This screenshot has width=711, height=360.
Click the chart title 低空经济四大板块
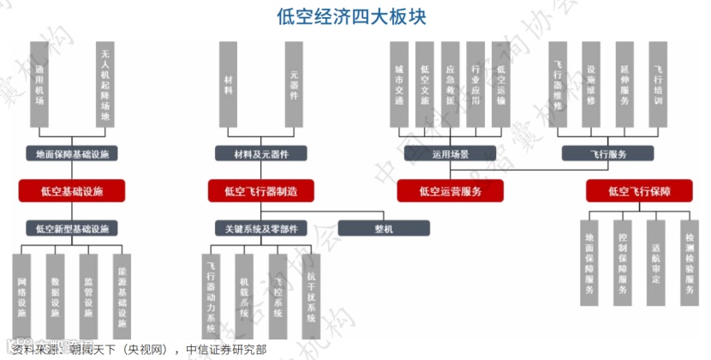352,16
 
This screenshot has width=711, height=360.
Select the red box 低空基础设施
72,190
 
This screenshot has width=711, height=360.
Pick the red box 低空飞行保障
638,190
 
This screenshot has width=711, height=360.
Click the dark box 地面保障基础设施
72,154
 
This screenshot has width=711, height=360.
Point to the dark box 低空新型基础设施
72,228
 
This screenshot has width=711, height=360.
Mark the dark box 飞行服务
608,154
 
